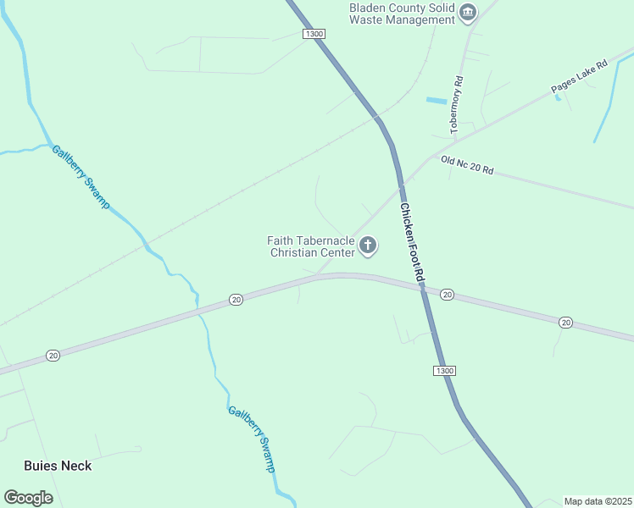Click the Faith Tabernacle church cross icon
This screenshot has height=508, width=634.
coord(368,246)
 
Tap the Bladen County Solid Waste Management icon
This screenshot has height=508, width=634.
coord(468,13)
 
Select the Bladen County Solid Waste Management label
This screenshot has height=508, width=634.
coord(403,13)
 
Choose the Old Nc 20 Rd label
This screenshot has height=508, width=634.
coord(467,164)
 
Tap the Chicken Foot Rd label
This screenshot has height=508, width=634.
coord(412,244)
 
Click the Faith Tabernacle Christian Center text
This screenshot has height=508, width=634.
coord(311,246)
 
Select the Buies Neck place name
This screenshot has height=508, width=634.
coord(58,466)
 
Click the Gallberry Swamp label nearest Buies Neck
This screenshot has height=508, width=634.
coord(252,439)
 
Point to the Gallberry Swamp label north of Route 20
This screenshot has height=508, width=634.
coord(81,177)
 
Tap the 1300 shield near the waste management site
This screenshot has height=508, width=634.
coord(314,33)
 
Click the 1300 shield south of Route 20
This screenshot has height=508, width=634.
coord(444,371)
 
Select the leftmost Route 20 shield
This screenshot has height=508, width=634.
coord(53,355)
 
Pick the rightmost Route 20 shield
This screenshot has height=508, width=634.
coord(565,322)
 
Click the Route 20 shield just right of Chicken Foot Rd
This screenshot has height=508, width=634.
coord(447,295)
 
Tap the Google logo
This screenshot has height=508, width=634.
coord(28,498)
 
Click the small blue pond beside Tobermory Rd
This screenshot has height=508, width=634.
coord(436,101)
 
